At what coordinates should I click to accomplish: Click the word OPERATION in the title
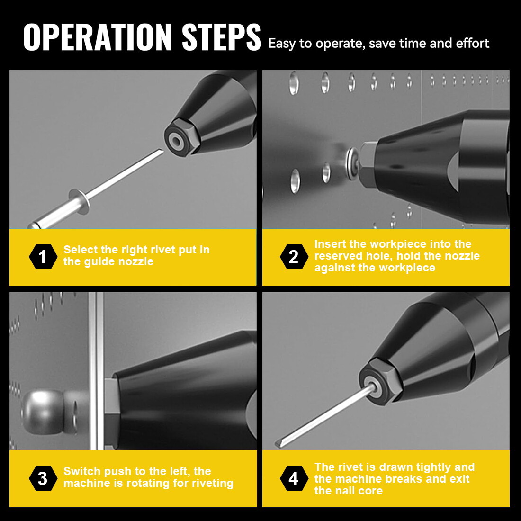[x=97, y=37]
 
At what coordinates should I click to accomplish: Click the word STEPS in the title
[x=221, y=37]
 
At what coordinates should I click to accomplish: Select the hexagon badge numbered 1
[x=43, y=257]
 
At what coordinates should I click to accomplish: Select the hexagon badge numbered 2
[x=294, y=257]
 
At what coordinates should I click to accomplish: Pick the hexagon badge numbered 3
[x=43, y=478]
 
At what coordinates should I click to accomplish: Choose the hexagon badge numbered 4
[x=294, y=478]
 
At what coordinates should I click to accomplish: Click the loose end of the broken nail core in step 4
[x=278, y=444]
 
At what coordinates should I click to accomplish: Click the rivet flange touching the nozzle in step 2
[x=352, y=163]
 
